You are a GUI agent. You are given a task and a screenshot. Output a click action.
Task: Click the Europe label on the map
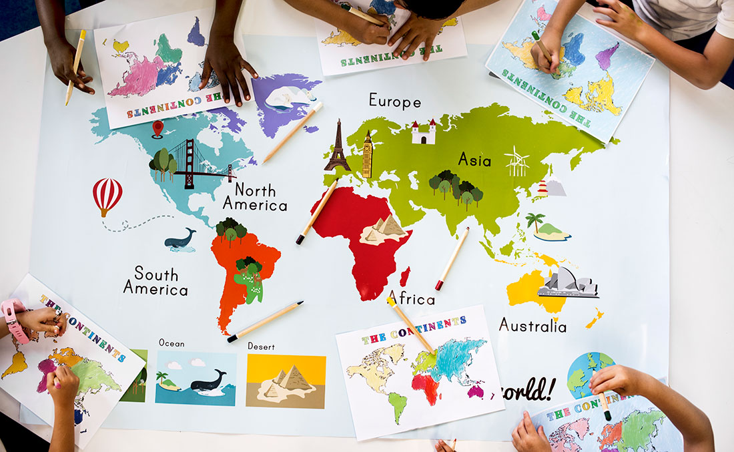click(x=395, y=101)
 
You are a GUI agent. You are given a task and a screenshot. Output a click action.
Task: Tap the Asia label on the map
click(x=474, y=160)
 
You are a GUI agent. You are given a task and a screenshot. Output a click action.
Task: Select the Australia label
click(x=532, y=326)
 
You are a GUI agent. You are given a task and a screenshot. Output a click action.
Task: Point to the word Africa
click(x=411, y=298)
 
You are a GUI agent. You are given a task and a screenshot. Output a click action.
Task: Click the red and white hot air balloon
click(x=107, y=195)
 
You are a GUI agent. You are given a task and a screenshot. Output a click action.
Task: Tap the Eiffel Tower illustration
click(x=338, y=146)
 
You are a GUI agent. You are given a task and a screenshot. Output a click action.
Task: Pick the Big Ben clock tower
click(x=367, y=155)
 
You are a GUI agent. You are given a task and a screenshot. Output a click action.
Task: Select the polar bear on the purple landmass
click(x=286, y=97)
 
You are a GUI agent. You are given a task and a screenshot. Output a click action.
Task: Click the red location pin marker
click(x=157, y=128)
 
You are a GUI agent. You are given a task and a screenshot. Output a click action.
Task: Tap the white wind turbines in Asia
click(x=517, y=162)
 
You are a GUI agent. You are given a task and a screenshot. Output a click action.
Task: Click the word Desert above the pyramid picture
click(x=261, y=347)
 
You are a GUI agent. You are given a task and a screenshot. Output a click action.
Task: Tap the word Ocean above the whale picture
click(x=171, y=343)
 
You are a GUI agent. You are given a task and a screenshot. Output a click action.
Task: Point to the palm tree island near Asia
click(x=547, y=228)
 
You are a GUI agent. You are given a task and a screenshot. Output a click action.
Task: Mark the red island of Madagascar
click(x=404, y=276)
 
